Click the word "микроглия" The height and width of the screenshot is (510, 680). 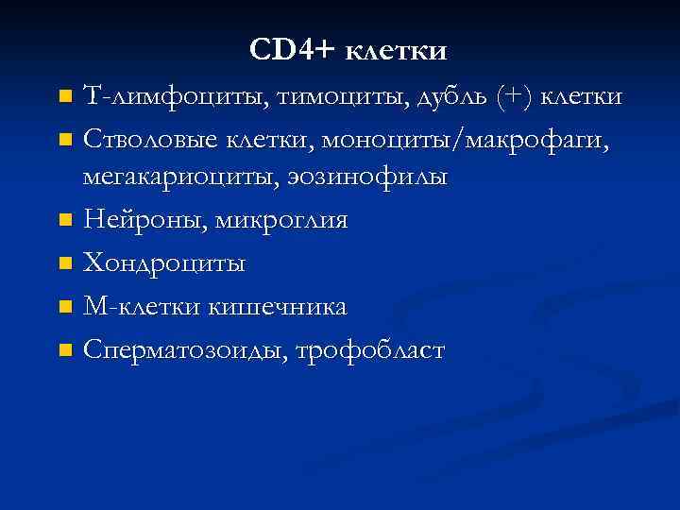click(x=282, y=220)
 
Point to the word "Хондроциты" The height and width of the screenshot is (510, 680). click(x=164, y=263)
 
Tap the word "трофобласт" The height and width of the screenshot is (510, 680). click(x=370, y=350)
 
